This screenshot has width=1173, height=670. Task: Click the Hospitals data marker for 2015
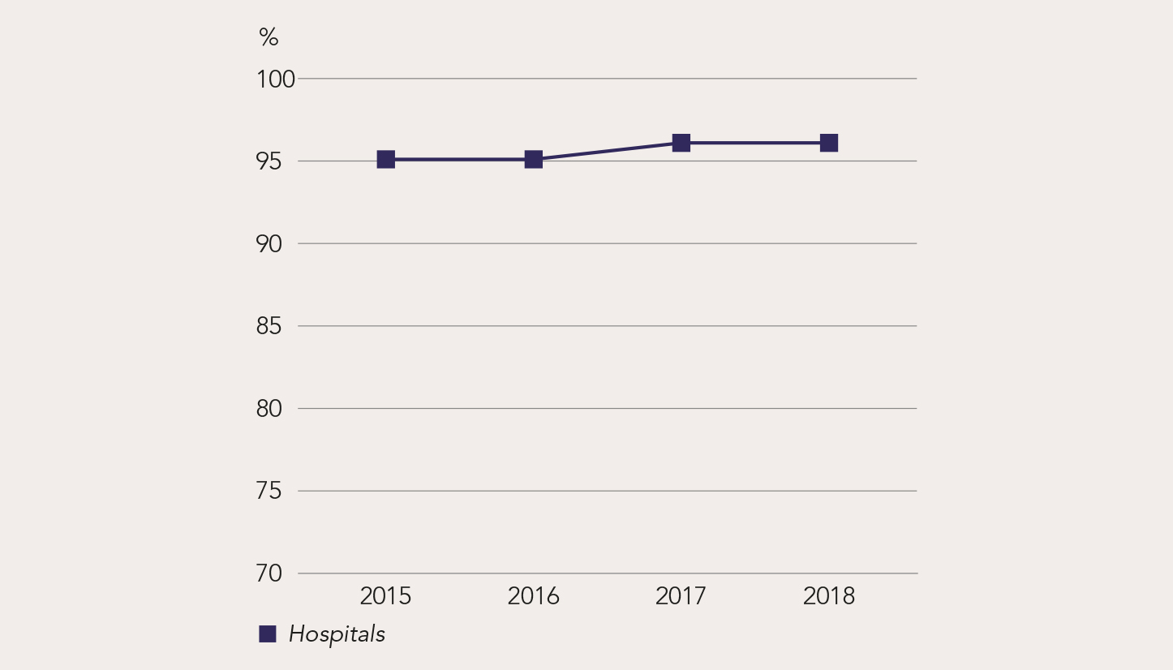tap(385, 159)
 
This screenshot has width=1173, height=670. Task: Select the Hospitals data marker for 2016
tap(533, 159)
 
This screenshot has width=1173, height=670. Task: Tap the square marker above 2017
tap(681, 143)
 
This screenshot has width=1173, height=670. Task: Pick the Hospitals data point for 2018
tap(828, 143)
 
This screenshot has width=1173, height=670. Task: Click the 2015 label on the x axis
tap(385, 596)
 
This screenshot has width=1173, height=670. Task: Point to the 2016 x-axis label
tap(533, 596)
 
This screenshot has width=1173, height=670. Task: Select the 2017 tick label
tap(681, 596)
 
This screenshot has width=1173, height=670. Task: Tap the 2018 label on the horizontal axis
tap(828, 596)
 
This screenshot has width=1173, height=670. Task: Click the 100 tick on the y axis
tap(275, 79)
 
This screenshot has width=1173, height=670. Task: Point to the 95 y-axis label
tap(269, 162)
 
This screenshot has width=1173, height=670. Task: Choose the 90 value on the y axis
tap(269, 244)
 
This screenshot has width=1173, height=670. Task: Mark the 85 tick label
tap(269, 327)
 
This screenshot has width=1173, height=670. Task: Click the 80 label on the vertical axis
tap(269, 409)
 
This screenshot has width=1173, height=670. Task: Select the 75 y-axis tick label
tap(269, 492)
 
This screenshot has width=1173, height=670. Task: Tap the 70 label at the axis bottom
tap(269, 573)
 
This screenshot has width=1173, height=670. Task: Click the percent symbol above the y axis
tap(269, 37)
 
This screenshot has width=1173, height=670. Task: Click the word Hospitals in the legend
tap(337, 634)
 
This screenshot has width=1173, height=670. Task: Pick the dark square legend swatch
tap(268, 634)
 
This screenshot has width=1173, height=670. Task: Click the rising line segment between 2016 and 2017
tap(607, 151)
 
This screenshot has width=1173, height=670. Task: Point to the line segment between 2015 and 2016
tap(459, 159)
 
